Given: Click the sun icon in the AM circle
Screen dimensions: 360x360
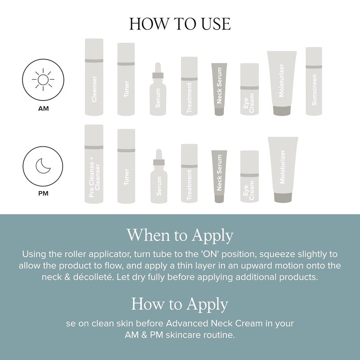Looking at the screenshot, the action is click(x=43, y=80).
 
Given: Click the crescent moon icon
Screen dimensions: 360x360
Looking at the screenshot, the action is click(x=43, y=166).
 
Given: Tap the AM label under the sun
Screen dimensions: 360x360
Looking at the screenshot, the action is click(x=43, y=108).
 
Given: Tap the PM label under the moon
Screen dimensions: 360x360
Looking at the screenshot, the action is click(x=43, y=193).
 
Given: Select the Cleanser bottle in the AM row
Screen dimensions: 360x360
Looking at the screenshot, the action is click(x=94, y=77).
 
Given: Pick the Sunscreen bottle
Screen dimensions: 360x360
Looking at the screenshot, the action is click(x=314, y=81).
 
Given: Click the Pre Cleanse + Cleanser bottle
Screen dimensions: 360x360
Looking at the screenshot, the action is click(x=94, y=164).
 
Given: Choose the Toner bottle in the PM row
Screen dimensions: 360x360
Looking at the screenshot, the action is click(x=126, y=166).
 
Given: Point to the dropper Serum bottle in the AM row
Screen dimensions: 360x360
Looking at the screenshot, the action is click(x=158, y=89).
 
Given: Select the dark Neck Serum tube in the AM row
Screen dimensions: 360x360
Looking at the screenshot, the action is click(x=219, y=89).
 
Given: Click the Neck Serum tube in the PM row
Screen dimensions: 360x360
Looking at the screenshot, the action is click(x=219, y=176).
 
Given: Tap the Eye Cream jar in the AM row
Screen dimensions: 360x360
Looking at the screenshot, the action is click(x=250, y=89).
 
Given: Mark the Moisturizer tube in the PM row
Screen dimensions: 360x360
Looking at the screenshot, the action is click(x=283, y=170).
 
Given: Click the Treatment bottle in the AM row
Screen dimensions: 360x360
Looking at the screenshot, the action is click(x=189, y=86).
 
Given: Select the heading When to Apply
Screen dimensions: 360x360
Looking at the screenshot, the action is click(x=180, y=235).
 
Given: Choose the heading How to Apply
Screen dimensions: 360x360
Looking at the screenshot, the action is click(x=180, y=304).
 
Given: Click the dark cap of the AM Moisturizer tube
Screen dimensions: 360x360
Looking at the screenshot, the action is click(x=282, y=111).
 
